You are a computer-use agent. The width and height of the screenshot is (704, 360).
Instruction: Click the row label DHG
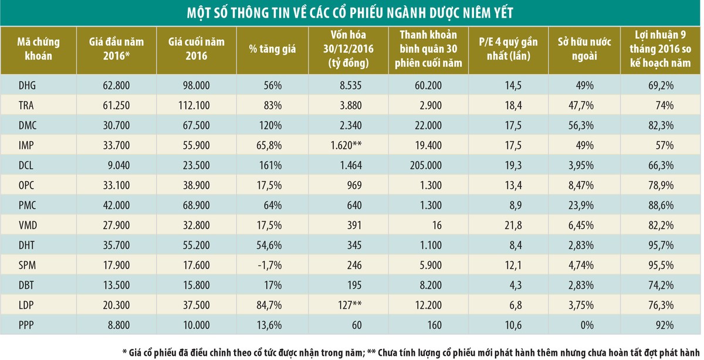(27, 86)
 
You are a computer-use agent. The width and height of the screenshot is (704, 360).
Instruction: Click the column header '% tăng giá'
(276, 49)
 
